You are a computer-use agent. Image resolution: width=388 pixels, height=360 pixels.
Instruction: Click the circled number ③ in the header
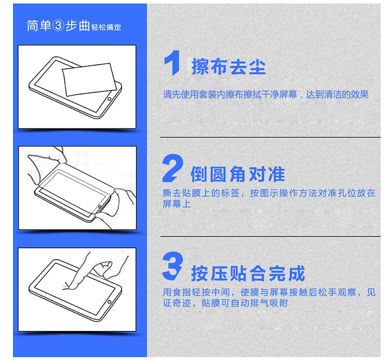[58, 25]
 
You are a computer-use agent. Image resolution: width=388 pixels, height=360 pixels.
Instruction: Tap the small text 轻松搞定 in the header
[106, 27]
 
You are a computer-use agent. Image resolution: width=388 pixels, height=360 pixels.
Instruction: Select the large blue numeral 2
[173, 168]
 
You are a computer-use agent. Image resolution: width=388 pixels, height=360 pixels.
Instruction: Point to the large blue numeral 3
[173, 266]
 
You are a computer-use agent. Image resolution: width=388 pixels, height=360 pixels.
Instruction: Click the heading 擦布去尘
[229, 66]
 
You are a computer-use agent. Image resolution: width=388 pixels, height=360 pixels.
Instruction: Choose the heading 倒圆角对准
[238, 174]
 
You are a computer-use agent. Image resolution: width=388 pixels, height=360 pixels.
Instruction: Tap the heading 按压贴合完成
[248, 273]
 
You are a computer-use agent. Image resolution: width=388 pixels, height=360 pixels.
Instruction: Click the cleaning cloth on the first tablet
[89, 79]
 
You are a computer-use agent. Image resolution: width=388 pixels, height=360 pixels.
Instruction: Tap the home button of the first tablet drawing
[109, 99]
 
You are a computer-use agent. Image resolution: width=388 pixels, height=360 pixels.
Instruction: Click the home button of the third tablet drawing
[109, 302]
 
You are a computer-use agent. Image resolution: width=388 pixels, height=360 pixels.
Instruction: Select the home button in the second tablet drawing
[100, 207]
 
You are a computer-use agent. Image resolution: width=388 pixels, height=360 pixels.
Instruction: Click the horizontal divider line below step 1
[270, 137]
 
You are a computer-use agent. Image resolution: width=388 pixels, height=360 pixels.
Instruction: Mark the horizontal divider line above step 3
[270, 236]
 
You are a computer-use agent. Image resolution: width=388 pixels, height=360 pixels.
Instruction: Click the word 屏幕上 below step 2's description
[177, 204]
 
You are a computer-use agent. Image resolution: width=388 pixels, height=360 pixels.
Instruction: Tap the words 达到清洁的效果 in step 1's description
[337, 94]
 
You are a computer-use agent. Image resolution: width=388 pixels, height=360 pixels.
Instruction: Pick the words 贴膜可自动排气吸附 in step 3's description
[245, 303]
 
